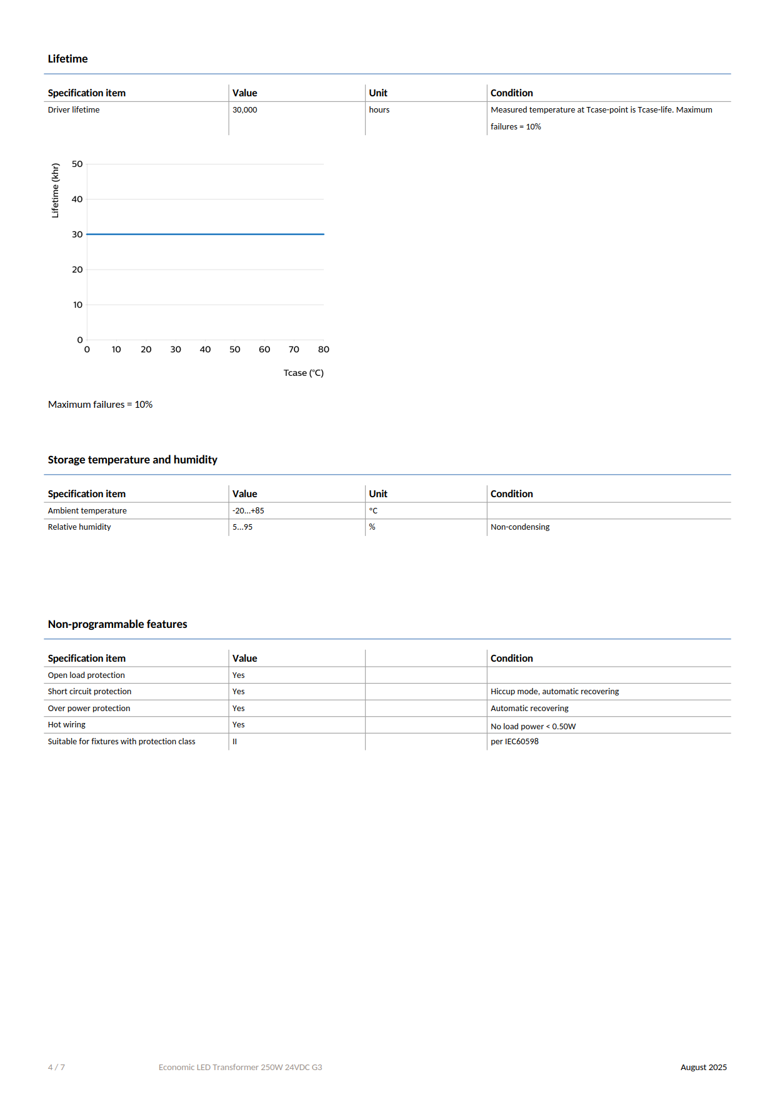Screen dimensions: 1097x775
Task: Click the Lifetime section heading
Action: click(x=67, y=59)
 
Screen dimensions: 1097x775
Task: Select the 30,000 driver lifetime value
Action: click(x=244, y=110)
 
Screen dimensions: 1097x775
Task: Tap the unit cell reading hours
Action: click(x=379, y=110)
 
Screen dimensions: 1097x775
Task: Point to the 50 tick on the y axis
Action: click(x=77, y=164)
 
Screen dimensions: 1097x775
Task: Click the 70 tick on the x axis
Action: click(x=294, y=350)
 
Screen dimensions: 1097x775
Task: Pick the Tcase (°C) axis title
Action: click(x=303, y=373)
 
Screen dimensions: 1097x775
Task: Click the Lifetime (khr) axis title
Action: click(x=56, y=190)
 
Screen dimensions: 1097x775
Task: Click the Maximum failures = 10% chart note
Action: click(x=100, y=405)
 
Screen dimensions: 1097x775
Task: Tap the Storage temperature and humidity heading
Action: click(x=132, y=460)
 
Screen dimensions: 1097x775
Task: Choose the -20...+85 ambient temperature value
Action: click(x=248, y=511)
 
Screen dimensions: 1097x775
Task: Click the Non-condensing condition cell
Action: click(x=520, y=527)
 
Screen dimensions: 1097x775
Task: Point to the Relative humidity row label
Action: click(x=79, y=527)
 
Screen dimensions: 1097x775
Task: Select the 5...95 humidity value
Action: click(x=242, y=527)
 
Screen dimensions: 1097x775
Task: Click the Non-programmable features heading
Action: click(x=117, y=624)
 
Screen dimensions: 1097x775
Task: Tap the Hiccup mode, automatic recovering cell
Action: click(x=554, y=692)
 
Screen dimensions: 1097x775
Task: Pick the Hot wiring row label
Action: click(x=67, y=725)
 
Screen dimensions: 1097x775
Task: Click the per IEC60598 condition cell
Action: click(x=514, y=742)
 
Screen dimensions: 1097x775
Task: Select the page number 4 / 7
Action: click(x=56, y=1067)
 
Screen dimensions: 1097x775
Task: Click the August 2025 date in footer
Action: click(x=703, y=1067)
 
